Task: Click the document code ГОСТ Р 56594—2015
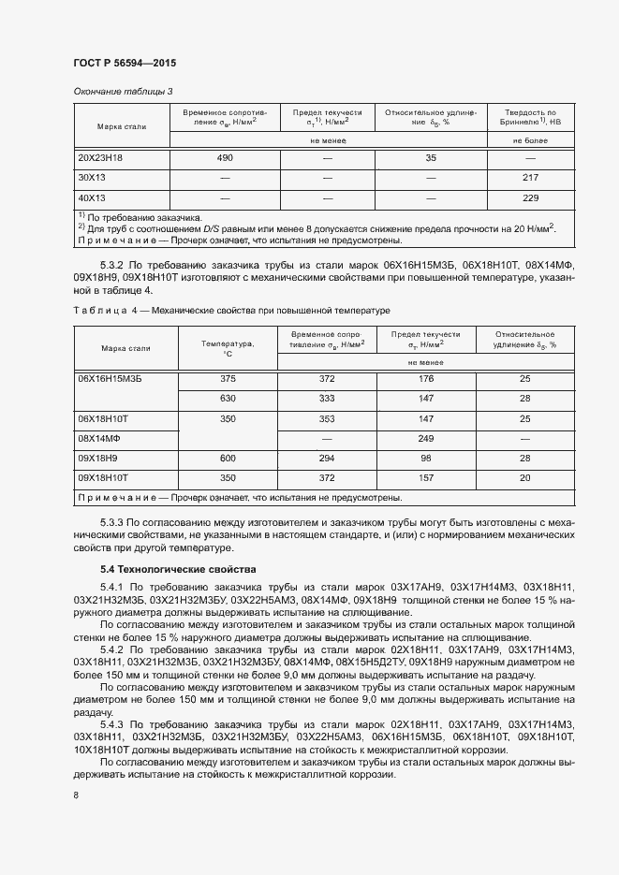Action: [x=124, y=63]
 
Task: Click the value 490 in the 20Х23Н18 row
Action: [x=224, y=158]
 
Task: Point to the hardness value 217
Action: [x=531, y=178]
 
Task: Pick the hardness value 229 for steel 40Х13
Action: [x=531, y=197]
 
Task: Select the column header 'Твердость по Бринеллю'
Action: [x=531, y=117]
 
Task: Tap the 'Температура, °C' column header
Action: [x=227, y=348]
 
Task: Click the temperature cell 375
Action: [x=227, y=378]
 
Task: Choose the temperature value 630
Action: [x=227, y=399]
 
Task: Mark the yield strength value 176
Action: [x=425, y=378]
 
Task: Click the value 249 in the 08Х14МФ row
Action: [x=425, y=438]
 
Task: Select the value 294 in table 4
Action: [x=327, y=458]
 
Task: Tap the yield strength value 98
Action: [x=425, y=458]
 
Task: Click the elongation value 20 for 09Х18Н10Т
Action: [x=524, y=477]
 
